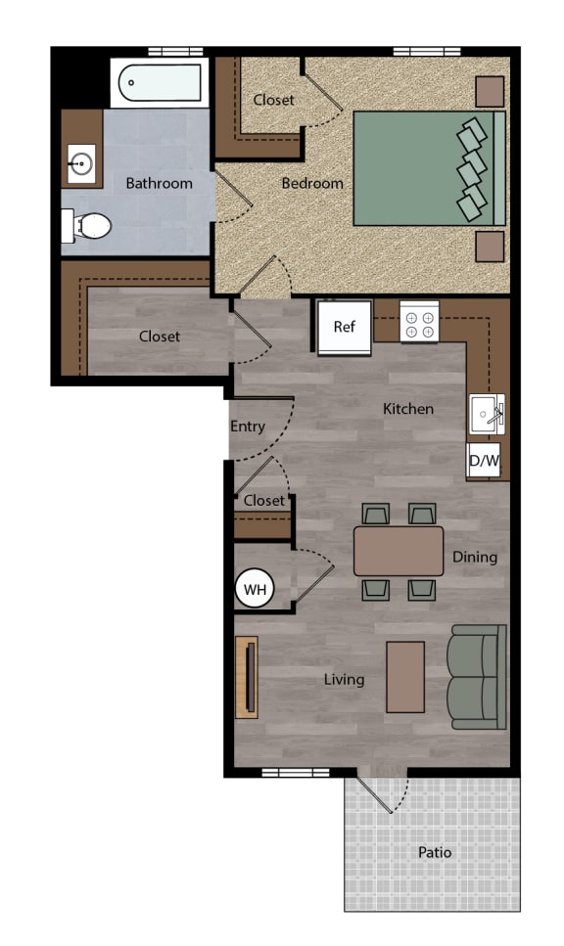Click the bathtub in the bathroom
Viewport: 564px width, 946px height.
tap(160, 82)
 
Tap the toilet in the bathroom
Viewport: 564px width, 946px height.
tap(87, 226)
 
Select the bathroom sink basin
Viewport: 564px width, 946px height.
tap(81, 163)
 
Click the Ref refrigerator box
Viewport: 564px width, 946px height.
tap(344, 327)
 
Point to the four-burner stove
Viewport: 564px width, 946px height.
tap(419, 321)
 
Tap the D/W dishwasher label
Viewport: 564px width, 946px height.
tap(484, 461)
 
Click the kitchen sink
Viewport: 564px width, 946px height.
tap(488, 414)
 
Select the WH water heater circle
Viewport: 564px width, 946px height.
tap(255, 588)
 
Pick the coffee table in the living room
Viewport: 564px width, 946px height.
tap(405, 677)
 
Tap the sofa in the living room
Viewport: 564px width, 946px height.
tap(477, 677)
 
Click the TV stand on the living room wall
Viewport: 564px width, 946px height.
tap(247, 677)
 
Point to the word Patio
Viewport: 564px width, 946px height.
tap(435, 852)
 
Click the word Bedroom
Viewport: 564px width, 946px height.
tap(312, 183)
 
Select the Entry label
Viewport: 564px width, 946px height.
tap(248, 427)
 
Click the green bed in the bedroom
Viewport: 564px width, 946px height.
tap(429, 168)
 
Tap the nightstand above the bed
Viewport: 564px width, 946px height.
tap(490, 92)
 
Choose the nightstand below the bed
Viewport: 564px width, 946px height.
tap(490, 247)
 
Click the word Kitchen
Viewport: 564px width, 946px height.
tap(408, 409)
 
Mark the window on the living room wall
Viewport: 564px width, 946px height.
tap(296, 772)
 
